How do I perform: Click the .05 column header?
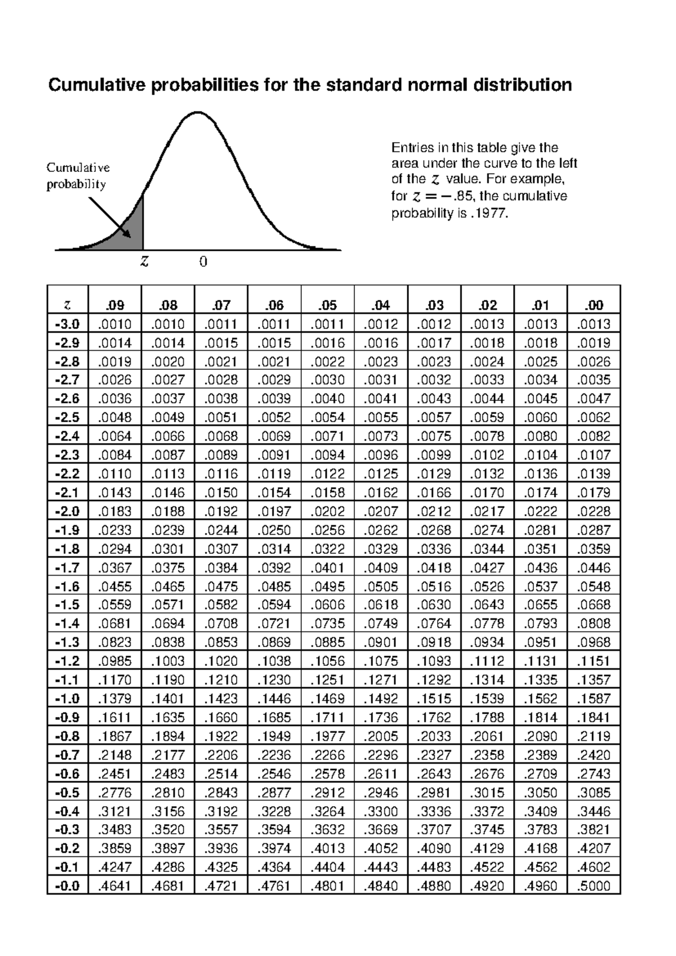[327, 306]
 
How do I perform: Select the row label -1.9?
[68, 530]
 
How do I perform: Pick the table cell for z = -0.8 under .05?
[327, 736]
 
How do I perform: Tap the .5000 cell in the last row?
[594, 886]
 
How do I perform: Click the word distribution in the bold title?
[522, 85]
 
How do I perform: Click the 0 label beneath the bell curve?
[203, 262]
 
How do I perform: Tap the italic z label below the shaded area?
[145, 262]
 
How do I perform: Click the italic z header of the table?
[68, 306]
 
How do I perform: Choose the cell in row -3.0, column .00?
[594, 324]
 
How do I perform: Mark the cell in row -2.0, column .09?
[115, 511]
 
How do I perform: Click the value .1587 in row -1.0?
[594, 698]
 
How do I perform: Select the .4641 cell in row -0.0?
[115, 886]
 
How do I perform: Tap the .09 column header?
[115, 306]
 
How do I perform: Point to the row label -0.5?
[68, 793]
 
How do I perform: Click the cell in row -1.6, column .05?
[327, 586]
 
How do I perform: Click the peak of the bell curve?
[198, 113]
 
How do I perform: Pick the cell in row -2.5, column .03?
[434, 418]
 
